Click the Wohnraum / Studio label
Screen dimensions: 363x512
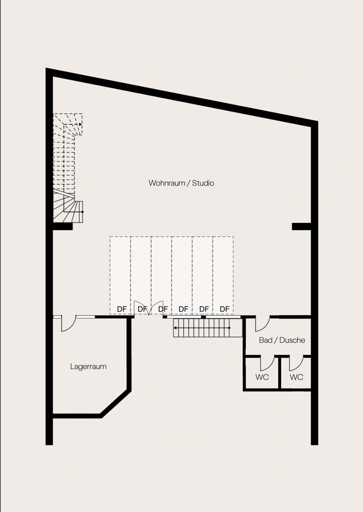[181, 183]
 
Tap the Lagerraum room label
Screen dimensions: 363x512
[88, 366]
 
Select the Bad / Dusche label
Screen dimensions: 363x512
[282, 340]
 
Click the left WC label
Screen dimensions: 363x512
[262, 377]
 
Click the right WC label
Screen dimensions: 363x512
[296, 377]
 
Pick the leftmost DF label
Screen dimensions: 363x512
[122, 309]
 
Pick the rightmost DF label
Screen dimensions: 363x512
[225, 309]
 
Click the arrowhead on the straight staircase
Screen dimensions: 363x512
[175, 328]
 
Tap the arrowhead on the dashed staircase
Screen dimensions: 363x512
[80, 124]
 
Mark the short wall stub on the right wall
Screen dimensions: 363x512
[301, 226]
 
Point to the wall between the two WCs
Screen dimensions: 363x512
[279, 373]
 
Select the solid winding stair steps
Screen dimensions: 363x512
[68, 208]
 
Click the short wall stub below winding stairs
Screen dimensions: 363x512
[63, 226]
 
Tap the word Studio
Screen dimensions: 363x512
[203, 183]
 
